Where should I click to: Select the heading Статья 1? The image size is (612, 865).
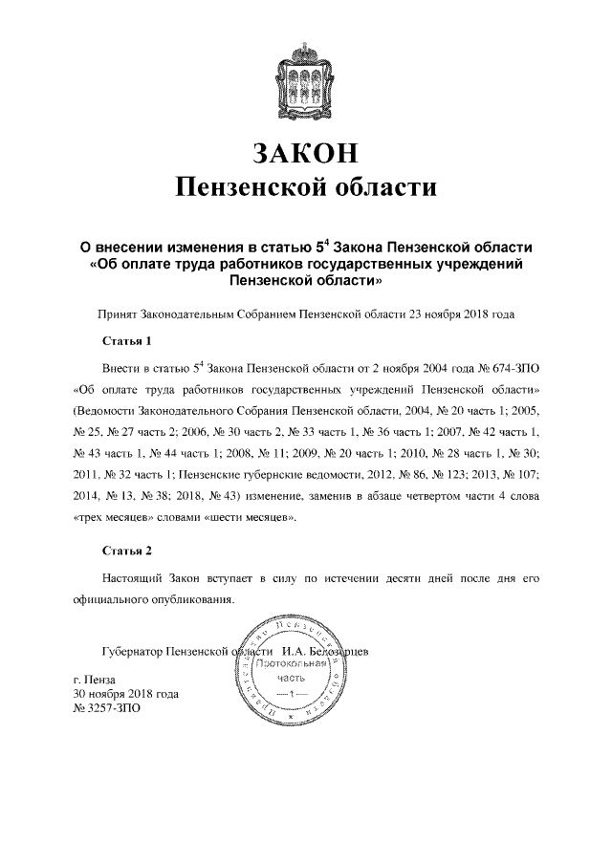tap(126, 339)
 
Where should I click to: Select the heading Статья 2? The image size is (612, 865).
tap(126, 551)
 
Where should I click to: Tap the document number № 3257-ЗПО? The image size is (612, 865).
tap(113, 709)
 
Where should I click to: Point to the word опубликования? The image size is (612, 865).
tap(190, 600)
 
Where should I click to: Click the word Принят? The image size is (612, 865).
tap(119, 313)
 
